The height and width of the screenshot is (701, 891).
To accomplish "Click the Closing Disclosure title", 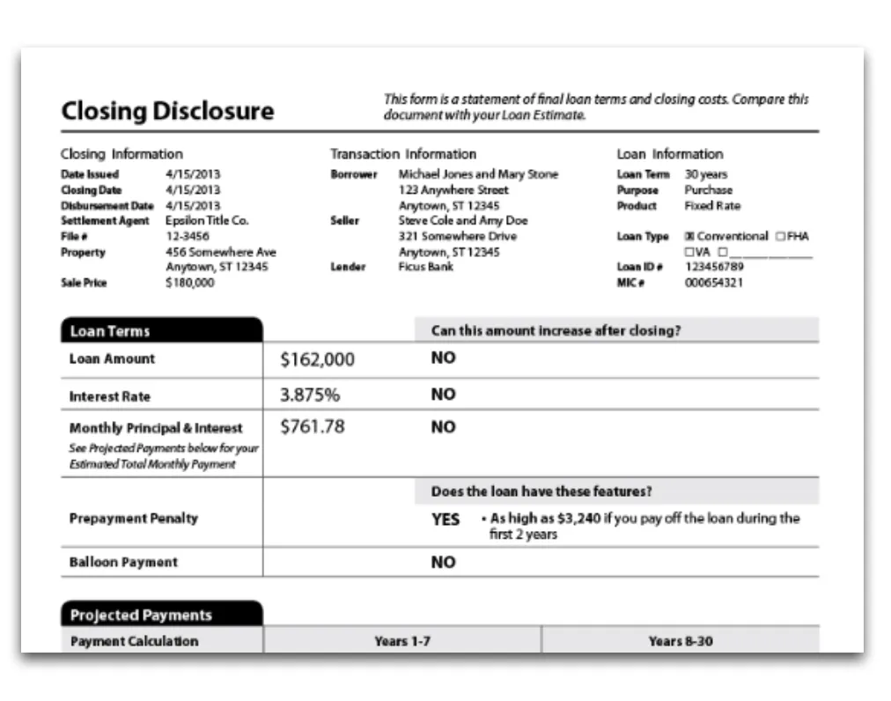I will (x=167, y=112).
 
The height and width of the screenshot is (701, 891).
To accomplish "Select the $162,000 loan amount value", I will (x=317, y=359).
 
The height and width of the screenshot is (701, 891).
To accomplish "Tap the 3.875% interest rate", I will (x=309, y=395).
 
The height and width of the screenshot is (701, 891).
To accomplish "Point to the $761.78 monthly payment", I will (x=312, y=427).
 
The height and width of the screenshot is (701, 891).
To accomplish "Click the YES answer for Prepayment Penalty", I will (x=445, y=520).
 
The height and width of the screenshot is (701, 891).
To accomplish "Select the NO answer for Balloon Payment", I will (x=443, y=562).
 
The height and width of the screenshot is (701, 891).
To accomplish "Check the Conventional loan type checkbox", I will (x=689, y=237).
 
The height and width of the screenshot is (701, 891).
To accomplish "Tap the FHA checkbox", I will (x=780, y=237).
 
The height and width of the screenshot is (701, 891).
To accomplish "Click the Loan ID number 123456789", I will (x=714, y=267).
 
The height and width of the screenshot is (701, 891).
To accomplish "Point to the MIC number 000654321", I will (x=714, y=283).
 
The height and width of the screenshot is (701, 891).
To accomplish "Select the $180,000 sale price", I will (x=189, y=283).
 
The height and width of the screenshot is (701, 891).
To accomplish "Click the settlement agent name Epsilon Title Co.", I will (x=207, y=221).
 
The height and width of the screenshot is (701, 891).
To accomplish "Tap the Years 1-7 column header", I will (x=402, y=641).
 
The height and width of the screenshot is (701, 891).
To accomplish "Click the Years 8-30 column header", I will (x=681, y=641).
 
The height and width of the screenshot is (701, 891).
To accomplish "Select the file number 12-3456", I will (x=188, y=236).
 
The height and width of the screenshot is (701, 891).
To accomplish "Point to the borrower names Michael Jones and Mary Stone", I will (x=478, y=174).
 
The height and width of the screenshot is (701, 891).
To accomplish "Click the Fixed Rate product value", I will (x=712, y=205).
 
